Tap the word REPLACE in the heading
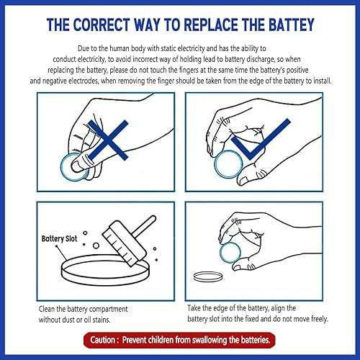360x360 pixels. click(x=212, y=24)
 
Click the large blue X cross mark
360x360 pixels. click(x=108, y=140)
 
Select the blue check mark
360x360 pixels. click(x=261, y=139)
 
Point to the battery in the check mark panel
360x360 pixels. click(x=228, y=164)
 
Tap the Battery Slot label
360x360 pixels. click(x=59, y=239)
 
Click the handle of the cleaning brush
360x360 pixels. click(x=145, y=225)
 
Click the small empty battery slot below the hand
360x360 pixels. click(x=208, y=276)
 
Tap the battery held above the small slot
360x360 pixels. click(x=230, y=253)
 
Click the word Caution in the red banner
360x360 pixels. click(x=102, y=340)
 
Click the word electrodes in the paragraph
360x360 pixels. click(x=84, y=81)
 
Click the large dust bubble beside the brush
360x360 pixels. click(x=96, y=246)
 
